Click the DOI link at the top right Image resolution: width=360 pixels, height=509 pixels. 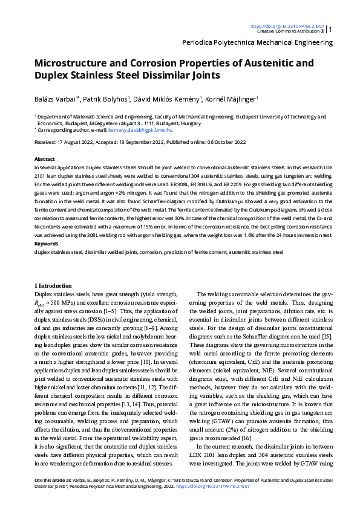point(288,26)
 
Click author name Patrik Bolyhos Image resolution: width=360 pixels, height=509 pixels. point(105,99)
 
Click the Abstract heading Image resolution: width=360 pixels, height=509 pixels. point(44,157)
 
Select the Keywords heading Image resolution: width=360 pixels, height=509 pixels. point(45,244)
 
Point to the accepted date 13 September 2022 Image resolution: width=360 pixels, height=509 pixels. point(146,142)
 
